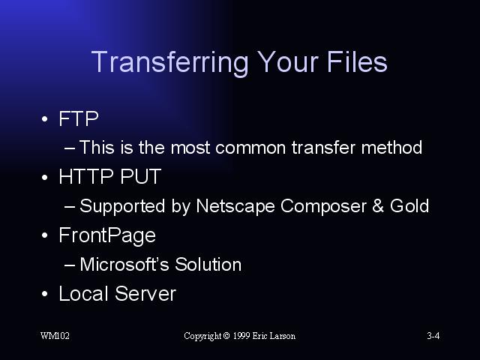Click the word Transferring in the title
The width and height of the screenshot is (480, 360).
[x=170, y=63]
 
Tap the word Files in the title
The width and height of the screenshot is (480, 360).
[x=357, y=61]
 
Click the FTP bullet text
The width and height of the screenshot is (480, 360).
[x=79, y=118]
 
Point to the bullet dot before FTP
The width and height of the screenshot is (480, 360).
[x=45, y=118]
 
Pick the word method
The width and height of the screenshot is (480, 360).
[x=391, y=147]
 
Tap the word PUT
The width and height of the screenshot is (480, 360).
[x=140, y=176]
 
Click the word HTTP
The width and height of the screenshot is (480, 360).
[x=86, y=176]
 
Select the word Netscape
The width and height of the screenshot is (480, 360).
[x=235, y=206]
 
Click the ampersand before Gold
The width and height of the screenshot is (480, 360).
[x=378, y=205]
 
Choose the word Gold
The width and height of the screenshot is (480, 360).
[x=409, y=205]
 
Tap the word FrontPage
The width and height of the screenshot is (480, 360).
[x=107, y=235]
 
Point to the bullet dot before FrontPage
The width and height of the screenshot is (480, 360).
[x=45, y=235]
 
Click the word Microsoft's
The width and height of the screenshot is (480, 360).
[x=124, y=264]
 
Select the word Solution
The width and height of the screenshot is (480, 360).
[x=208, y=264]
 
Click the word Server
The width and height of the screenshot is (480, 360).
[x=145, y=293]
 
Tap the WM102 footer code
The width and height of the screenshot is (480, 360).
[x=55, y=336]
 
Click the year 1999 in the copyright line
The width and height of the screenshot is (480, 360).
[x=241, y=336]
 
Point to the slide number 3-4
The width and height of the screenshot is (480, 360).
[x=433, y=336]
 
